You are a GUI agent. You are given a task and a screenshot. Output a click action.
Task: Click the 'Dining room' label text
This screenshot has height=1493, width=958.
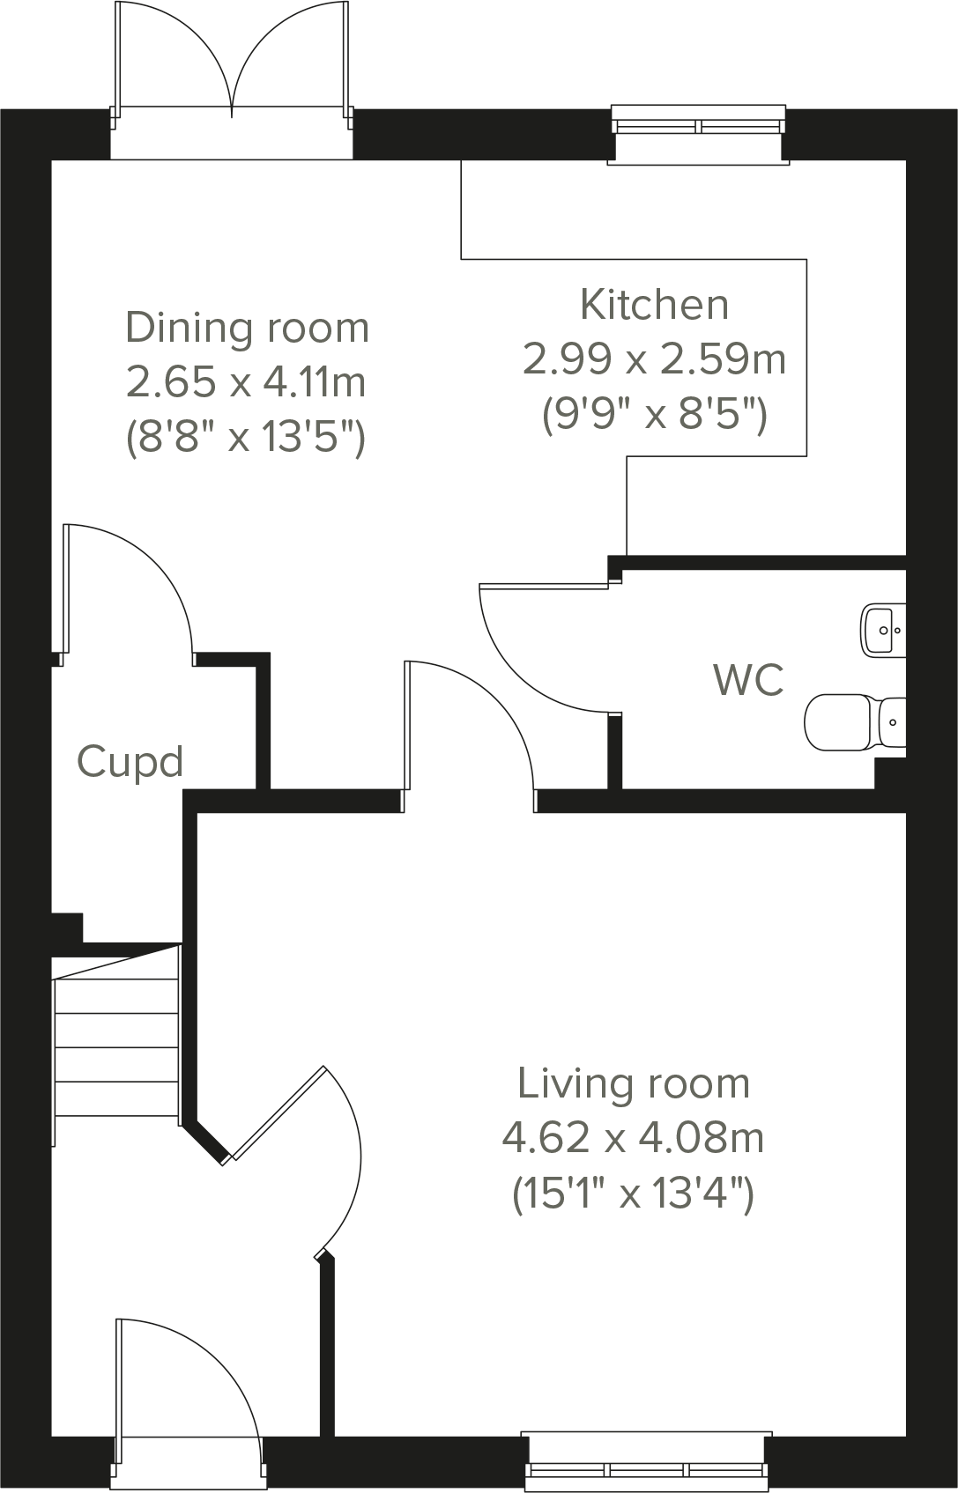[247, 328]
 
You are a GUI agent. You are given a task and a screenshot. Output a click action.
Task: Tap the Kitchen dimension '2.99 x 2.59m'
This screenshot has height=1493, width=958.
[654, 359]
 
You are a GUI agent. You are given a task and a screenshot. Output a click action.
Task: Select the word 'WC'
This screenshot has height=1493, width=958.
[748, 680]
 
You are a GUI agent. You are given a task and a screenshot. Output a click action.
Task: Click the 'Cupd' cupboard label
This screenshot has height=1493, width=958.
[130, 761]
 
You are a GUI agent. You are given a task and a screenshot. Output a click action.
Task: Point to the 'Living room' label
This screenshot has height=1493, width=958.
[633, 1083]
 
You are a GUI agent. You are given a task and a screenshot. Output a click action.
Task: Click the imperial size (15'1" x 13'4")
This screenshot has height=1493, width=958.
[633, 1195]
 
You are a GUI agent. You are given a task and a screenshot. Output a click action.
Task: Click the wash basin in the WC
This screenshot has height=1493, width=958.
[882, 629]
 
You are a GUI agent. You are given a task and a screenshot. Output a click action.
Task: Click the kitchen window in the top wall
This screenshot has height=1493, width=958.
[698, 125]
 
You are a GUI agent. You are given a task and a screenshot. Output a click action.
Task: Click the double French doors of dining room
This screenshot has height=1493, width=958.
[232, 79]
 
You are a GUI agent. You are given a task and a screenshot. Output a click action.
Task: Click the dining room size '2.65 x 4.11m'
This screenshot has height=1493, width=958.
[246, 382]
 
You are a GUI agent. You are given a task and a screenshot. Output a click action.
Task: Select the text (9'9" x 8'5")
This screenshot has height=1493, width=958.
[654, 412]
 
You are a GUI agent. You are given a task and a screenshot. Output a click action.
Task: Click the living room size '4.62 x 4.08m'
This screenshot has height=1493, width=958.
[633, 1139]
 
